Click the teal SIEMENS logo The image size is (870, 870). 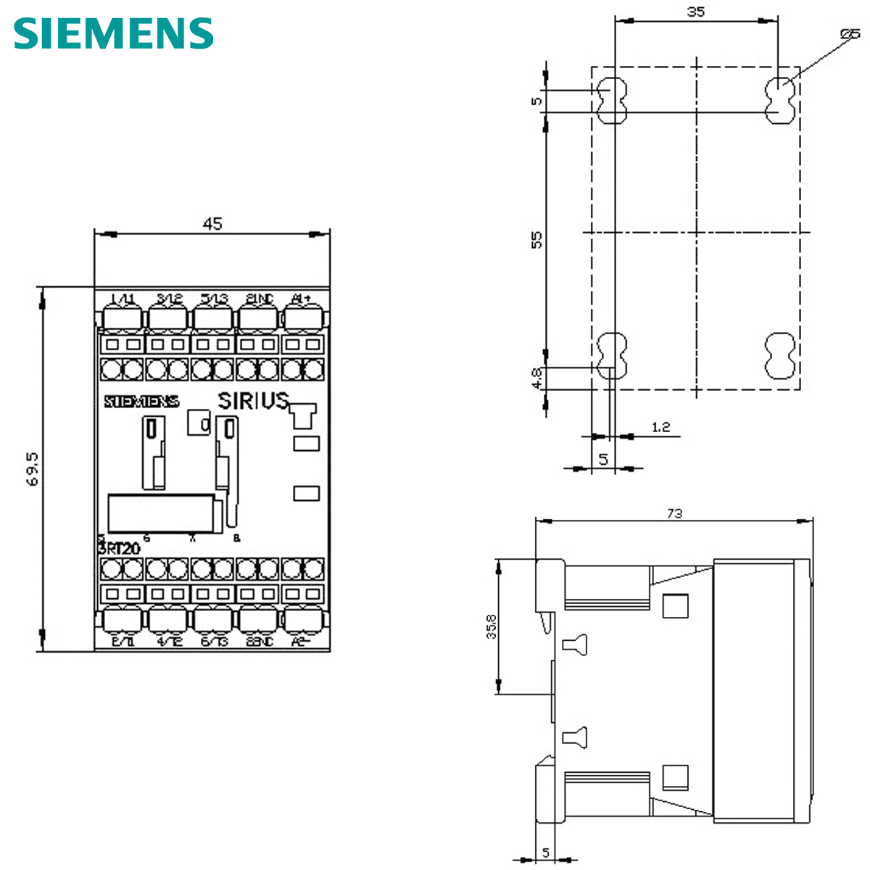coord(114,33)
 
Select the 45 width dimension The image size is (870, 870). coord(212,224)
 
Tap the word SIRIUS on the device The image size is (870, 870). coord(254,401)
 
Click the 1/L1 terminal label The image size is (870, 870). coord(123,299)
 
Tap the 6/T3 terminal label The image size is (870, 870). coord(214,642)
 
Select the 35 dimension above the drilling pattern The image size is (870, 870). coord(696,12)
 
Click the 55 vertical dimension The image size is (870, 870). coord(536,240)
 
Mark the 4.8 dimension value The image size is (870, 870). coord(536,378)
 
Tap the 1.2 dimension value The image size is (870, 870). coord(660,427)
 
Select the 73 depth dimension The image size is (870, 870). coord(674,513)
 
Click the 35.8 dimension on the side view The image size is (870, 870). coord(492,626)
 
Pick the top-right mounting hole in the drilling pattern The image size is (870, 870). coord(780,101)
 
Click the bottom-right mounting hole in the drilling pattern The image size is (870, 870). coord(780,357)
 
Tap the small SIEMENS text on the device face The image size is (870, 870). coord(141,402)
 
